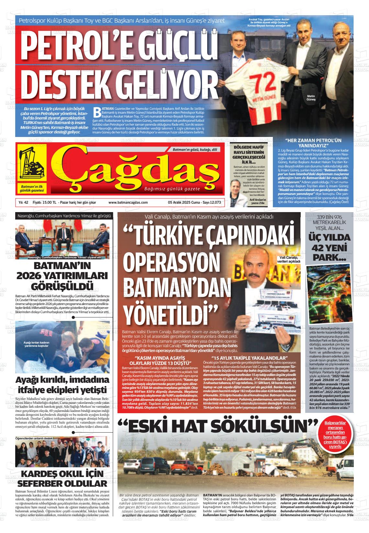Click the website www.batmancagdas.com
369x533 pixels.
(x=128, y=202)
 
